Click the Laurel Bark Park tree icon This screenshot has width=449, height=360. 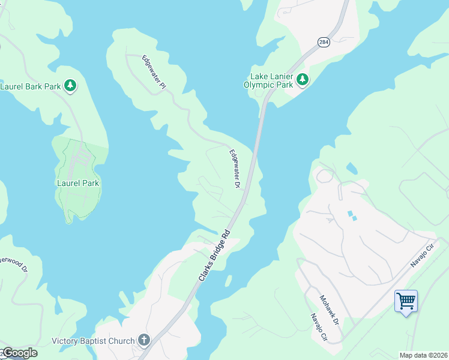(71, 86)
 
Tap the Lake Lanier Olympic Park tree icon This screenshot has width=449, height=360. (303, 79)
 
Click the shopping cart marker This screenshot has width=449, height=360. (406, 301)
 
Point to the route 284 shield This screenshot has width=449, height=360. (324, 42)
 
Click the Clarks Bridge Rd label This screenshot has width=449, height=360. (214, 256)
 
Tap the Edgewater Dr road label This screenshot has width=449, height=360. (234, 169)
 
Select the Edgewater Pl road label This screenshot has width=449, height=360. (153, 73)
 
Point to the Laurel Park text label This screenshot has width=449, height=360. (78, 183)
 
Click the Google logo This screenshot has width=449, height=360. (19, 353)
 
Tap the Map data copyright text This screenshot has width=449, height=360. (423, 355)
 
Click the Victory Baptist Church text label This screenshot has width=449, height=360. (93, 341)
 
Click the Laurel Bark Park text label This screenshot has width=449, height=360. (31, 86)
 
